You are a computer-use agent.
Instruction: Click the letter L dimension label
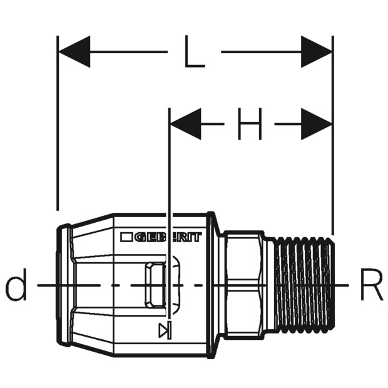point(195,51)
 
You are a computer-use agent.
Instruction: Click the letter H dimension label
point(250,124)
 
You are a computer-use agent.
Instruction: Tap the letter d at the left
point(16,285)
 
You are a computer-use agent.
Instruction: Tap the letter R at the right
point(372,285)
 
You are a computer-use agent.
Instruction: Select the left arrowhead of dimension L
point(74,52)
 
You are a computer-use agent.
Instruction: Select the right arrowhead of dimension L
point(316,52)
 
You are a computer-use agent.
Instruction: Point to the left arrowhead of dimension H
point(186,124)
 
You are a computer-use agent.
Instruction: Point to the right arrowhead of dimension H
point(316,124)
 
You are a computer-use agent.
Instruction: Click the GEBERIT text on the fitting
point(168,237)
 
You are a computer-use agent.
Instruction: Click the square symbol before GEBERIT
point(126,237)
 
